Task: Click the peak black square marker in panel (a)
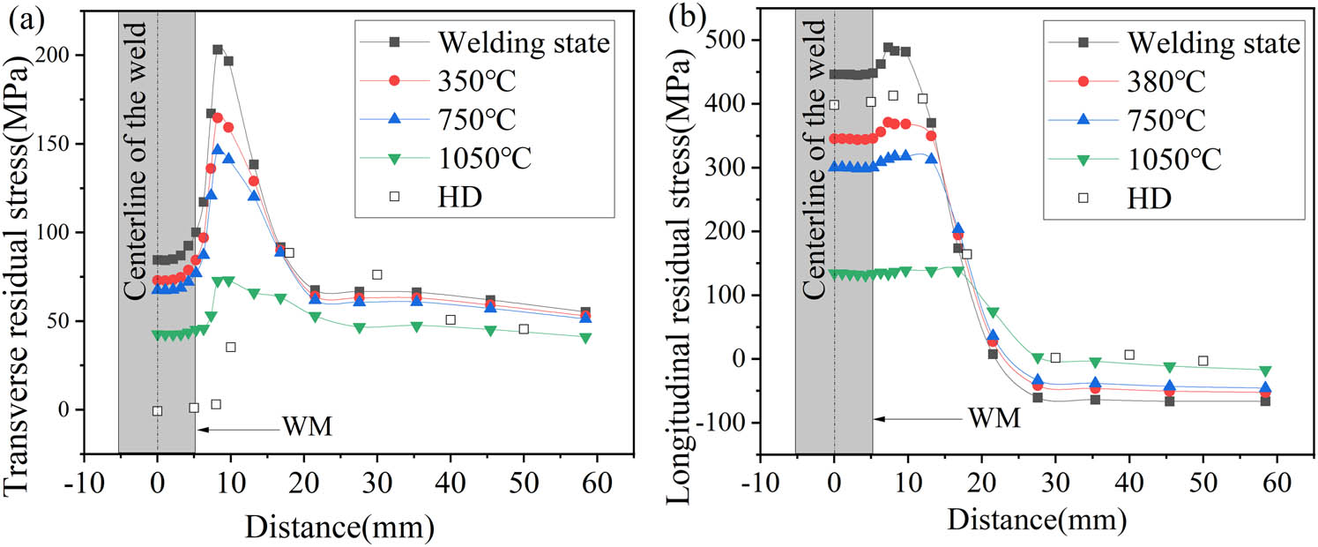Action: click(218, 49)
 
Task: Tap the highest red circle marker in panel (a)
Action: click(218, 117)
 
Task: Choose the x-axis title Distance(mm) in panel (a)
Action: click(339, 526)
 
